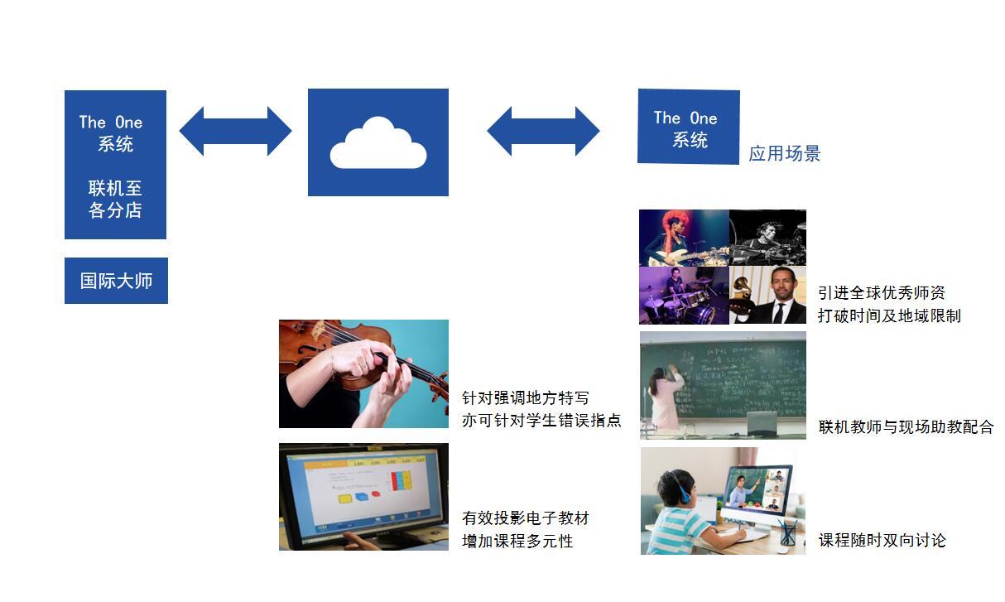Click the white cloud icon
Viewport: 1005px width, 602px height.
pos(378,143)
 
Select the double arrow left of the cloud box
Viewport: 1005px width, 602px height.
pos(236,131)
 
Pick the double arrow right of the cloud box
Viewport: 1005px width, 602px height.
pos(543,131)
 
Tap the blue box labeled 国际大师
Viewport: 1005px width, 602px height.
pos(116,281)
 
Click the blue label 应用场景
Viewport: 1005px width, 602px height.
pos(784,153)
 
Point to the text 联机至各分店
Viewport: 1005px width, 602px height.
pos(115,199)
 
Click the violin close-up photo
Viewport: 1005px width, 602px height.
pos(363,373)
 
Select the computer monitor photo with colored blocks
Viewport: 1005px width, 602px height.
pos(363,497)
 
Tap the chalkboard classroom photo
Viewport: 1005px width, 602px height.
pos(723,385)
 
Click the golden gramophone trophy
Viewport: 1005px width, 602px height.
pos(741,296)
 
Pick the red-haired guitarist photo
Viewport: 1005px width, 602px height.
pos(684,238)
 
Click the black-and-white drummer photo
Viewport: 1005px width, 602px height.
pos(767,238)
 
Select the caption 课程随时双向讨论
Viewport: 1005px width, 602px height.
pos(882,540)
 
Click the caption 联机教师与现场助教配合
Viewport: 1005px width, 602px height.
pos(906,426)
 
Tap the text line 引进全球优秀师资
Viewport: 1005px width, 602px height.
pos(881,292)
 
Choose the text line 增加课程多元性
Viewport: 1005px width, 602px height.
pos(517,541)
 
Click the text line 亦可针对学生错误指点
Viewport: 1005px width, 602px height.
pos(541,420)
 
